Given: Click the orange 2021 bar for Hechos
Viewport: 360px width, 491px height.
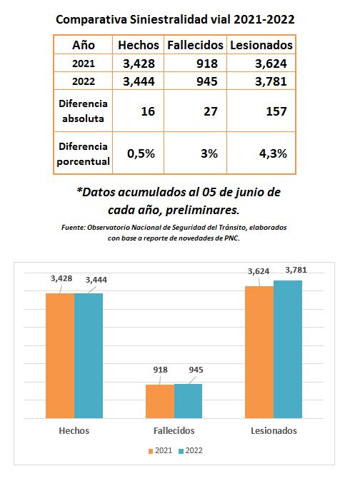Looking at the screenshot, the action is [60, 355].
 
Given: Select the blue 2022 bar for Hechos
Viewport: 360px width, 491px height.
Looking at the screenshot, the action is [89, 355].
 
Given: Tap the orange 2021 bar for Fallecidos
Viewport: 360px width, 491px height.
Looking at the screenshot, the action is [160, 401].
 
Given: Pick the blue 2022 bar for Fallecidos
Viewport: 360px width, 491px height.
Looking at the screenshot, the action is [188, 401].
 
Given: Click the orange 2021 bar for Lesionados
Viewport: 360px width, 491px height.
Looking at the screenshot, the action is [259, 352].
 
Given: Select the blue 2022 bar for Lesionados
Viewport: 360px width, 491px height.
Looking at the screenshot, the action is [288, 349].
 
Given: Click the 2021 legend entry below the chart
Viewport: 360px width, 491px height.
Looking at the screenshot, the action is [160, 450].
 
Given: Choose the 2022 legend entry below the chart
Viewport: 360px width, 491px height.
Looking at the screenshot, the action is [191, 450].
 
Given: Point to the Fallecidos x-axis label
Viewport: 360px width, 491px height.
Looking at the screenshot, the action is [174, 430].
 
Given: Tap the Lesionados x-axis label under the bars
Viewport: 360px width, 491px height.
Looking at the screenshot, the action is [274, 430].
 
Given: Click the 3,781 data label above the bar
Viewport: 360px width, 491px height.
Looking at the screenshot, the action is [296, 270].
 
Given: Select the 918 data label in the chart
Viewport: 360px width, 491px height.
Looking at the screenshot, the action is [160, 370].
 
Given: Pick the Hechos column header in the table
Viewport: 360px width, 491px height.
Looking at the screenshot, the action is [138, 45].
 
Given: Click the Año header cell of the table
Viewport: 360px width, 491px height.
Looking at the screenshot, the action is [84, 45].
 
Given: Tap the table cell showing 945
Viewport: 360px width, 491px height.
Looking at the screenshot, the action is [195, 81].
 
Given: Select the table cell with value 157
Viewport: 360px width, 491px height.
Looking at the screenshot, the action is [261, 111].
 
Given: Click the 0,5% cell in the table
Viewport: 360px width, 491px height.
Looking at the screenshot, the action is [138, 153].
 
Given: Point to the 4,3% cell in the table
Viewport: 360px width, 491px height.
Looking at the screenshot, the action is [261, 153].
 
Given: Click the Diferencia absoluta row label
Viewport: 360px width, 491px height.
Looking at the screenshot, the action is [83, 111].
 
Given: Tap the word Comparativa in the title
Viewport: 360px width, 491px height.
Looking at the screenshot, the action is [91, 20].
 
